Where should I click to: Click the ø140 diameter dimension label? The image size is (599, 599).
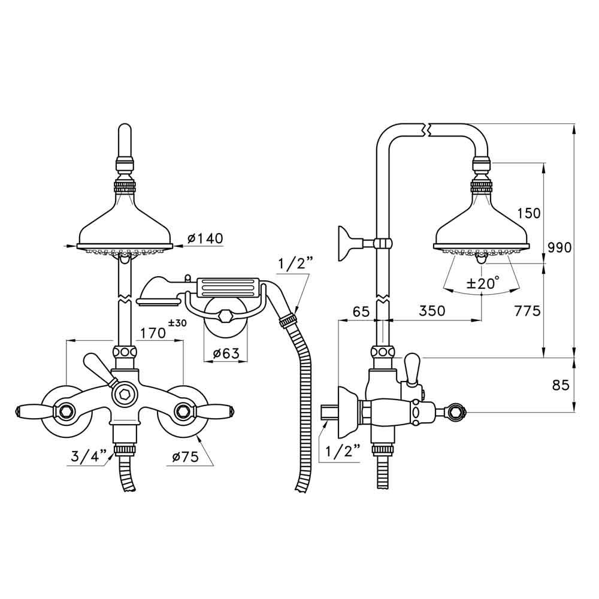pos(205,238)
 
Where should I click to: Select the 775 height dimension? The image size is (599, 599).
pos(527,311)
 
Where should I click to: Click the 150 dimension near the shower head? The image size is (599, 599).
pos(528,213)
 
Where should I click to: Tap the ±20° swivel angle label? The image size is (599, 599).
pos(482,284)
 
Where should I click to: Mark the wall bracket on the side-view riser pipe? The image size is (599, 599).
pos(349,243)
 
